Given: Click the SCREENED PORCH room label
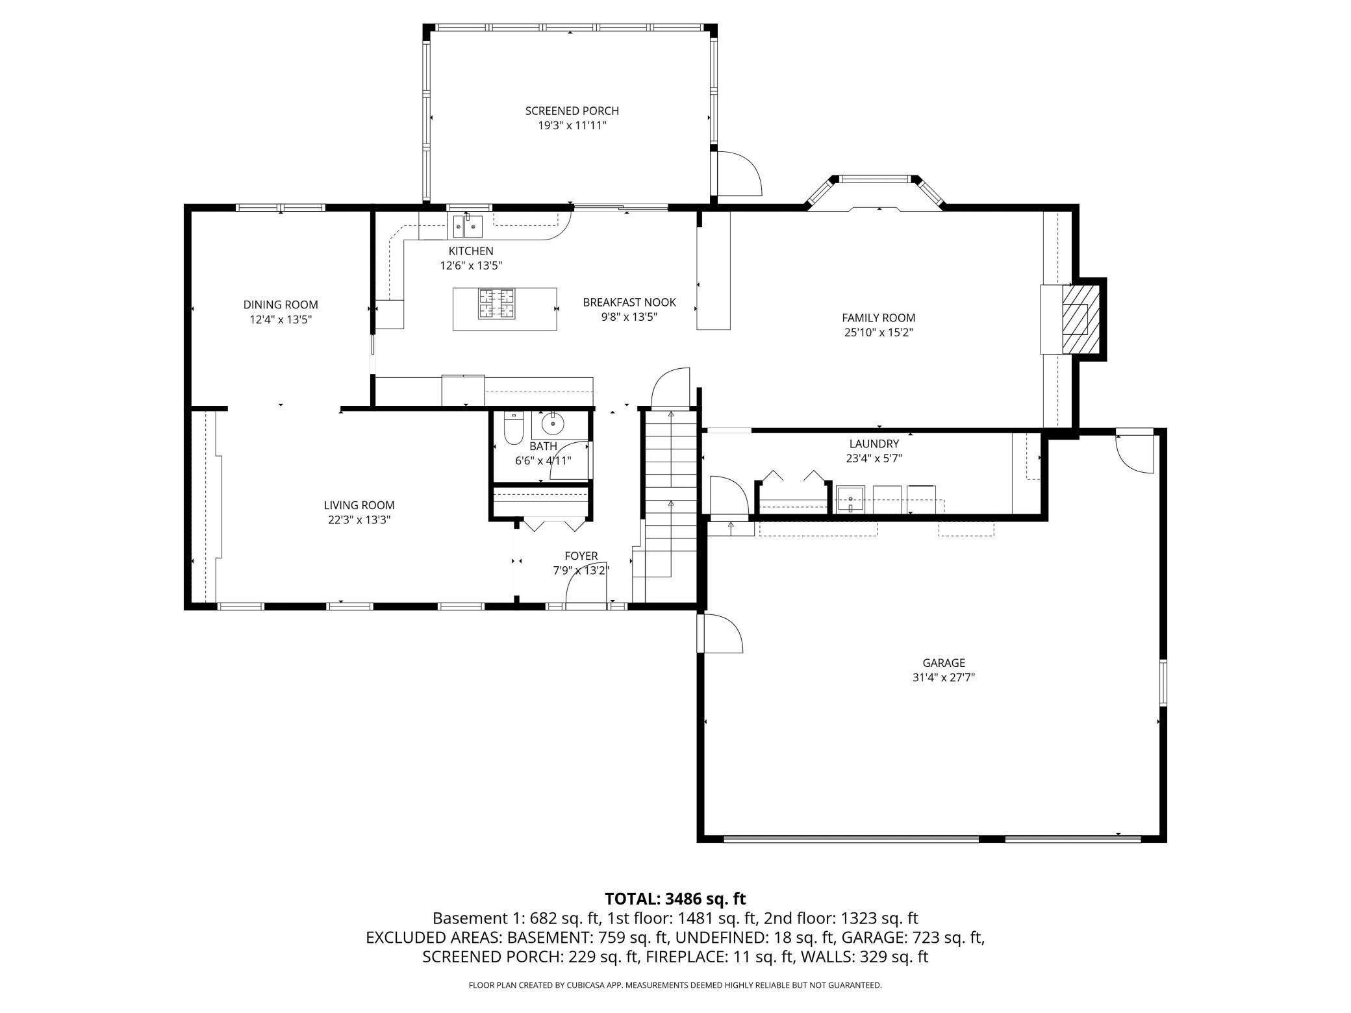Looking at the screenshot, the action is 572,111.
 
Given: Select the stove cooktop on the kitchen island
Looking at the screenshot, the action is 496,304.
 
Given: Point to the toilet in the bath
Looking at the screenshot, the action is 513,429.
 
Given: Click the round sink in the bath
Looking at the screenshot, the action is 553,425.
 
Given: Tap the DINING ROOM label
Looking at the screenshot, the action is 281,305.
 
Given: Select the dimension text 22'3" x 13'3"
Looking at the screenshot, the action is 359,519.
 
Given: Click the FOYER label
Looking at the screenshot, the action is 581,556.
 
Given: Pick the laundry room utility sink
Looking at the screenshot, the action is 850,499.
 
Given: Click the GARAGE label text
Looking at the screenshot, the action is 944,663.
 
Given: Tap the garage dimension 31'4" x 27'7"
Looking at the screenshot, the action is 944,678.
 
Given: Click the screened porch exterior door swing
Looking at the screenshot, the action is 740,173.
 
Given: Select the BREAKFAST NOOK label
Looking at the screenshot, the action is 629,303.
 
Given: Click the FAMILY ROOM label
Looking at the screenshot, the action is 879,318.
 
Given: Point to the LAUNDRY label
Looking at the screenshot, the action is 874,444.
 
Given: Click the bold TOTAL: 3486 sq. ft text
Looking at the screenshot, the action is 675,899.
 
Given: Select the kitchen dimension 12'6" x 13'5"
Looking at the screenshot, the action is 471,266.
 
